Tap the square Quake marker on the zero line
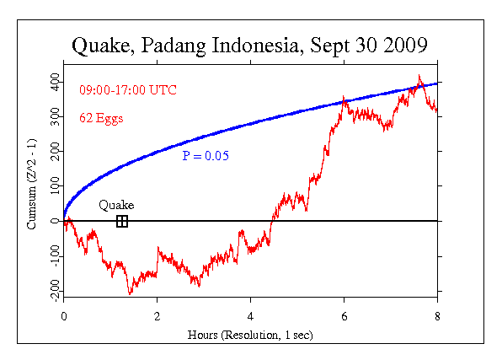pos(122,221)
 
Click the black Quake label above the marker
pos(116,205)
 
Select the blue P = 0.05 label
pos(206,156)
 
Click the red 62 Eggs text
pos(101,118)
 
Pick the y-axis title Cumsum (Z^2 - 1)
pos(32,185)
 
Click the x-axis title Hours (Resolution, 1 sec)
pos(251,334)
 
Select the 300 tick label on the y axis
pos(54,116)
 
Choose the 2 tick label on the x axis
pos(157,316)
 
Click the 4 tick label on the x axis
pos(250,316)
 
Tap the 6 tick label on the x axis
pos(344,316)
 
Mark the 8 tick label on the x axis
pos(437,316)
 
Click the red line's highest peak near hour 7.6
pos(419,77)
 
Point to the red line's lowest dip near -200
pos(130,293)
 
